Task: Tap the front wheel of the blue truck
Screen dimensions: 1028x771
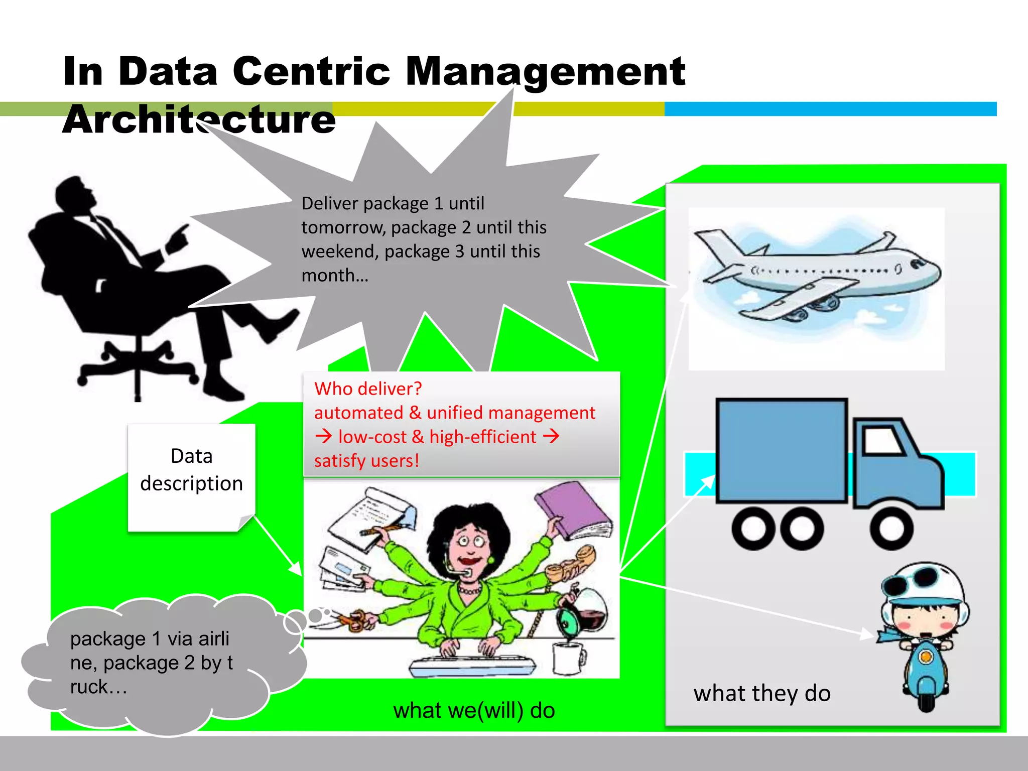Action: (x=891, y=529)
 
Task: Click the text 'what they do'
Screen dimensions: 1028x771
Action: (x=762, y=693)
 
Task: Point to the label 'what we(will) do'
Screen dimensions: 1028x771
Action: (x=474, y=710)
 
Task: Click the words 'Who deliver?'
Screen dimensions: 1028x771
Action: (x=368, y=389)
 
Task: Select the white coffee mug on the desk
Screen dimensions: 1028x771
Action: (x=568, y=658)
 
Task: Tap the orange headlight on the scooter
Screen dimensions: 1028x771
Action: (x=926, y=656)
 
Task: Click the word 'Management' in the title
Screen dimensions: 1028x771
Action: (x=545, y=71)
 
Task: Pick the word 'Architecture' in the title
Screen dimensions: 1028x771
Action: (x=199, y=119)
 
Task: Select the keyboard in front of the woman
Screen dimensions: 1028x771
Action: (x=472, y=666)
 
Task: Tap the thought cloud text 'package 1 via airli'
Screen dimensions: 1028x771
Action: (x=150, y=638)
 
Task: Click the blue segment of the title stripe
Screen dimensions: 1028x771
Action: (x=830, y=109)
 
